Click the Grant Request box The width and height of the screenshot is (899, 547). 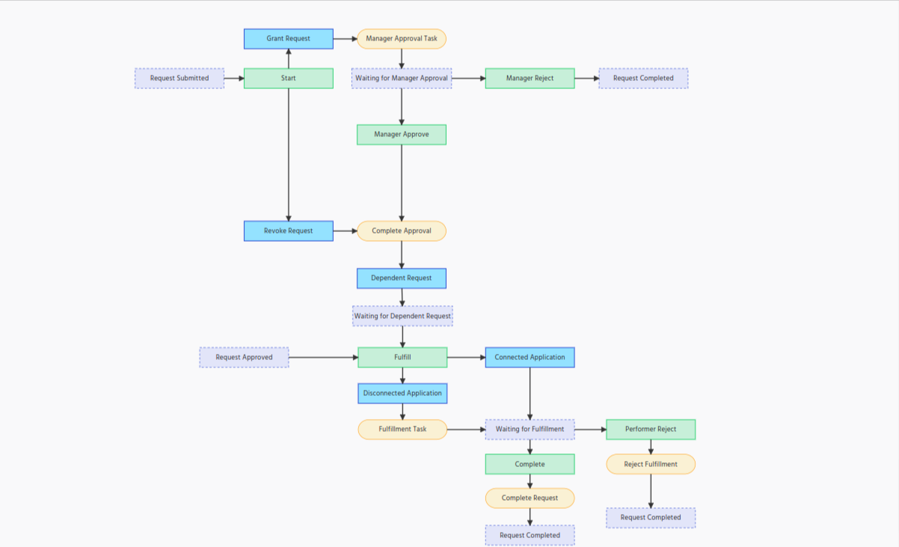pos(289,39)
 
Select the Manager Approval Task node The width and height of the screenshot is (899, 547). pos(402,39)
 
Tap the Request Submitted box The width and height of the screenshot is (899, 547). pos(180,79)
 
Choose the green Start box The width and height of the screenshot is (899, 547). pos(289,79)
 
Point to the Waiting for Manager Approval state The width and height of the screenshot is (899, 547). pos(402,79)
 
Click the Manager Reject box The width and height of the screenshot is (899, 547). pos(530,79)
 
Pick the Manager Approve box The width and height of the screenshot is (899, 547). pos(402,135)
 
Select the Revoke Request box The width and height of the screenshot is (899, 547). pos(289,230)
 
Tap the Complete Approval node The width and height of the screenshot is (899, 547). pos(402,230)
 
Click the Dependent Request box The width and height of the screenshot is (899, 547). pos(402,278)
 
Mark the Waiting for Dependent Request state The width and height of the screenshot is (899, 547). pos(402,317)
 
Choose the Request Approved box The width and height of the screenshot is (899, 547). pos(244,358)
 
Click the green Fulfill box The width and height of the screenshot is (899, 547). pos(402,358)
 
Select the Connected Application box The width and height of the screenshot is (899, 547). pos(530,358)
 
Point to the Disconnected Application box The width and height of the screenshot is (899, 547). pos(402,394)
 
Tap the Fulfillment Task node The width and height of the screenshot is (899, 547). pos(402,430)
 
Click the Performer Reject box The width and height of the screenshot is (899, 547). pos(651,430)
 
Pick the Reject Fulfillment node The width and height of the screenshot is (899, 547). pos(651,465)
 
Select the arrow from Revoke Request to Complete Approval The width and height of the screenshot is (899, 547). pos(345,230)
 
